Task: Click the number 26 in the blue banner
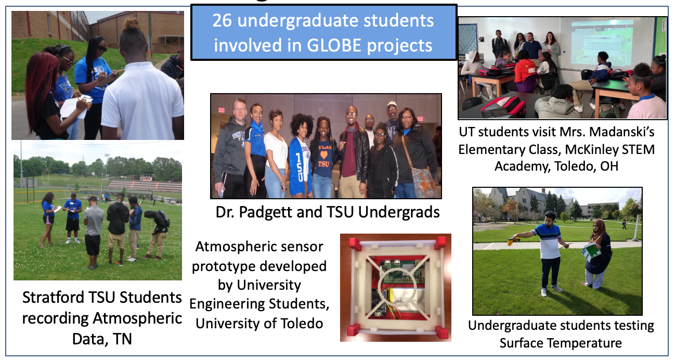pos(222,20)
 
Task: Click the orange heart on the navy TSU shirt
pos(323,155)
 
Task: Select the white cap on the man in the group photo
pos(392,104)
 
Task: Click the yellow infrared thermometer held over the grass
pos(513,240)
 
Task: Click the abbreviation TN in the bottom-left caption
pos(122,339)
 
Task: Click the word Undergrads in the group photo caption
pos(399,212)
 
